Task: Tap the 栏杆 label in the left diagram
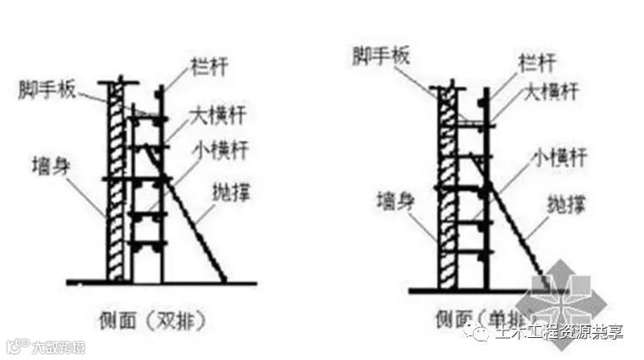click(x=199, y=63)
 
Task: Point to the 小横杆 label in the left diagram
click(x=213, y=153)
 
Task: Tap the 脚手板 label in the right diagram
click(x=380, y=57)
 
